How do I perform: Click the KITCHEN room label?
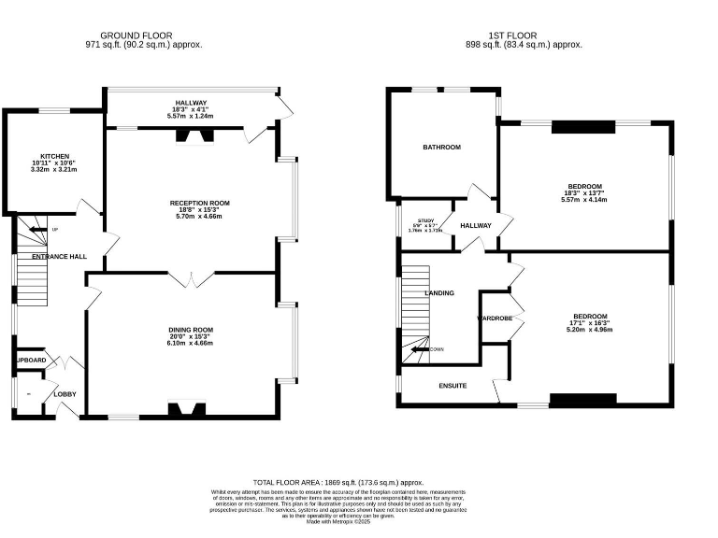click(x=54, y=156)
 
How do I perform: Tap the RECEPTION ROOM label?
click(x=199, y=203)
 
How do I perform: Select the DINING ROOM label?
click(x=191, y=330)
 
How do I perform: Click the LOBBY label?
click(x=65, y=394)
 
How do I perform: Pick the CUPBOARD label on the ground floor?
click(x=30, y=361)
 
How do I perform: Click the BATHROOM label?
click(x=441, y=148)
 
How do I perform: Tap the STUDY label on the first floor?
click(x=425, y=219)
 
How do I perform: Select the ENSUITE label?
click(x=452, y=386)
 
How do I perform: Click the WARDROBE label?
click(x=495, y=319)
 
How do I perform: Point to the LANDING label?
click(x=439, y=293)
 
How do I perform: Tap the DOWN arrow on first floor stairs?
click(x=424, y=350)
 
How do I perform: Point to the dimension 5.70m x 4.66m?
click(x=199, y=216)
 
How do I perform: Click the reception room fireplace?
click(x=194, y=136)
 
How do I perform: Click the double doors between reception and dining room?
click(x=191, y=277)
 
